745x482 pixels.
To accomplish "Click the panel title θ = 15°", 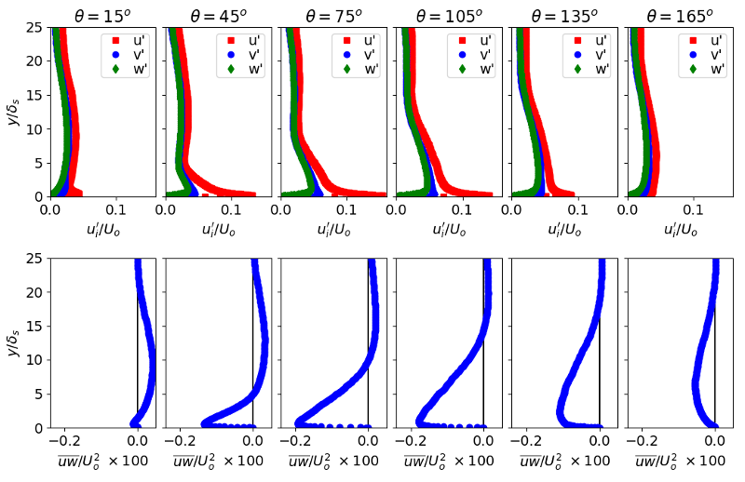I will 103,15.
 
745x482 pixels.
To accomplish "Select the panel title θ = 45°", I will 218,15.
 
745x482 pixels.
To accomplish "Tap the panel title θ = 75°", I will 333,15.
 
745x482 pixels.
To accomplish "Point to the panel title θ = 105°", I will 448,15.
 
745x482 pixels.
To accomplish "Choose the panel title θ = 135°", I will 563,15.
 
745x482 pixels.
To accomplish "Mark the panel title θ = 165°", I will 678,15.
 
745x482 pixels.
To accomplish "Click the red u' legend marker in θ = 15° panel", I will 116,41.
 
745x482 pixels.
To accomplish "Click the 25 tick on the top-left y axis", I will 35,28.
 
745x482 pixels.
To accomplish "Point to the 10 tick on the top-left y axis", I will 35,129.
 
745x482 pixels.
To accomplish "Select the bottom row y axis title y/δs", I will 13,343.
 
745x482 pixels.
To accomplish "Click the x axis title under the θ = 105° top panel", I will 448,229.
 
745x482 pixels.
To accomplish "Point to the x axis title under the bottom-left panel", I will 103,462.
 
